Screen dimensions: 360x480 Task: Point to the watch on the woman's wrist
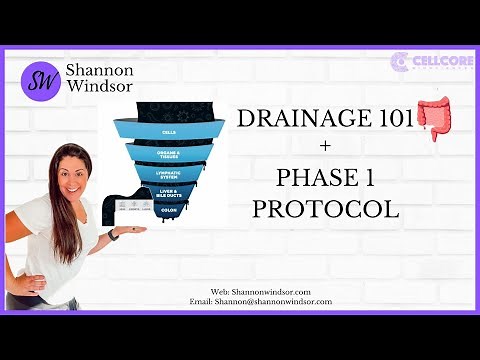point(114,235)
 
